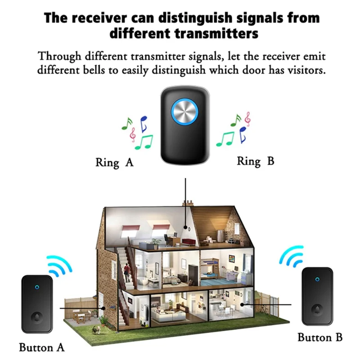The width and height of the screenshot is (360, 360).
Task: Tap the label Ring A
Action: pos(114,162)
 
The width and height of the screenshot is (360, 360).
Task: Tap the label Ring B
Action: pos(255,161)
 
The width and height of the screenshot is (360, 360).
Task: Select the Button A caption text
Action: pos(42,347)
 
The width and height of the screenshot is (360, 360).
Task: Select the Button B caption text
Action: pos(320,337)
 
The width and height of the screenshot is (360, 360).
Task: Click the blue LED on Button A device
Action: pos(36,285)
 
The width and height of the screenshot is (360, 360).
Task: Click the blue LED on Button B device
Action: pos(317,279)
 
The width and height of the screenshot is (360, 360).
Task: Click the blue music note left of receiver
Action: pos(144,121)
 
